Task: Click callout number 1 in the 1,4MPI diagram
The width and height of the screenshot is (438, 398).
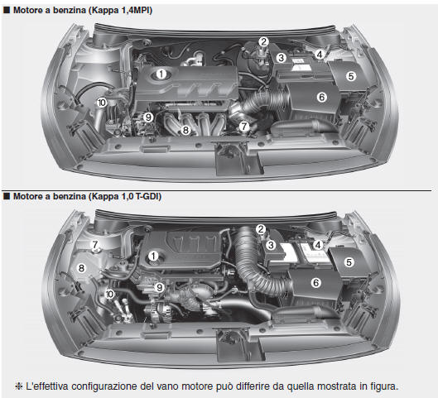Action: [161, 74]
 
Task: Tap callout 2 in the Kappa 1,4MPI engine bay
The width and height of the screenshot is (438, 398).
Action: [263, 42]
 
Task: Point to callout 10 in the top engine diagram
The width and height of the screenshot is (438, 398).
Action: [102, 103]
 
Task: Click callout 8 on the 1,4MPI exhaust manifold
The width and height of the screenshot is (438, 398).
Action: [185, 130]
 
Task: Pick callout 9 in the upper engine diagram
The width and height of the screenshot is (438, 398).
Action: [148, 117]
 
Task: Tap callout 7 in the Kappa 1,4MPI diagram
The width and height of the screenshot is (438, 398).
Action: [244, 127]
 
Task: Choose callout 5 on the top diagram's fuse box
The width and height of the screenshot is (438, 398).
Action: [351, 76]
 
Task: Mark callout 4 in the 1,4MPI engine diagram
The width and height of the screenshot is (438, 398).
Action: [320, 54]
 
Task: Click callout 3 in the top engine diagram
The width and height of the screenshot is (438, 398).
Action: [282, 58]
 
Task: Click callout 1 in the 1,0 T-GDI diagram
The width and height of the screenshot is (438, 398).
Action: [153, 256]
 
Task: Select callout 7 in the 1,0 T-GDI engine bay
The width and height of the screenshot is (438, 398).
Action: [95, 245]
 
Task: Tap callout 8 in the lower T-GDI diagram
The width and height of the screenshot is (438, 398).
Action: [81, 268]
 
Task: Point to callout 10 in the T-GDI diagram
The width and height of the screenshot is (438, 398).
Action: [110, 294]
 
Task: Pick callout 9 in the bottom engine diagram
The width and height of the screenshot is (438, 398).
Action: [160, 287]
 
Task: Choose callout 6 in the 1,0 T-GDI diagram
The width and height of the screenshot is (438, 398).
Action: [315, 283]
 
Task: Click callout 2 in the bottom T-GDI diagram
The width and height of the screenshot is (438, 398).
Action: [261, 229]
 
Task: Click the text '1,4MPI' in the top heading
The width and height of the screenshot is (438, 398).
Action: [137, 11]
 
